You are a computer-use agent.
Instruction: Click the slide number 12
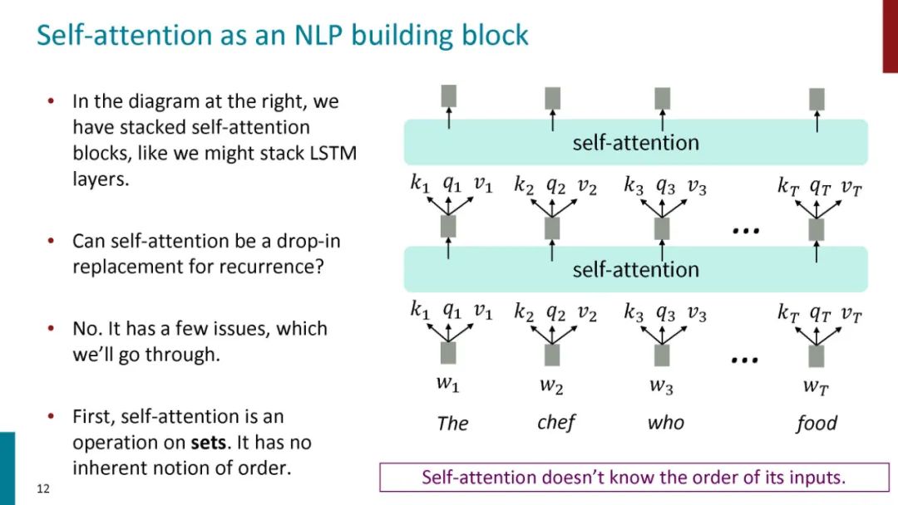43,488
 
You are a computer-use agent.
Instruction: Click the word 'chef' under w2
556,422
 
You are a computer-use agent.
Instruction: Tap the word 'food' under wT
817,424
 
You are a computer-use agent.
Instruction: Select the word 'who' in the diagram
665,423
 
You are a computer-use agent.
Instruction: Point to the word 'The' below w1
452,424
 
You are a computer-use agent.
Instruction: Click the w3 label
662,385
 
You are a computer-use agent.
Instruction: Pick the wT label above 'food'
816,385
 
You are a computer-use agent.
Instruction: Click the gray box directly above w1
448,353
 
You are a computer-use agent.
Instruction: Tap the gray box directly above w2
552,355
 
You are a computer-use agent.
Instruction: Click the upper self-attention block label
635,143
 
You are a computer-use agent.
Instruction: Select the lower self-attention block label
635,269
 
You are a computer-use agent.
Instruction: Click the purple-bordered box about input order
633,478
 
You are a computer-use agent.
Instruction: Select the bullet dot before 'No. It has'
51,330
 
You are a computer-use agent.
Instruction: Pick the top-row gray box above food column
817,99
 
